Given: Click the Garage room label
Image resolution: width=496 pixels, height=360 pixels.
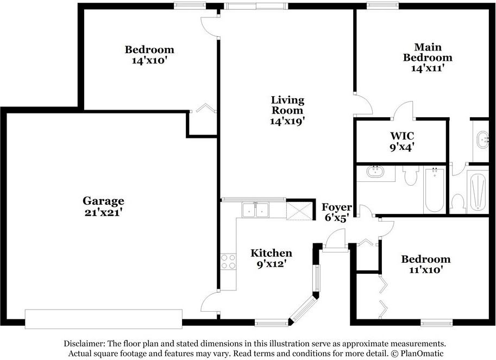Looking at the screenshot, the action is click(103, 201).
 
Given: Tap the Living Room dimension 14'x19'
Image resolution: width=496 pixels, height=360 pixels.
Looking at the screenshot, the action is click(287, 121).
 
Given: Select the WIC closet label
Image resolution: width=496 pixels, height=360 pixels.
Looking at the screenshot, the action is click(402, 136).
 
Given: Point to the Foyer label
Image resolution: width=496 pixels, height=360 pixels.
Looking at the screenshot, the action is click(337, 207).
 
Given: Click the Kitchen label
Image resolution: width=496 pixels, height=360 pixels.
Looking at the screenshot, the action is click(272, 253).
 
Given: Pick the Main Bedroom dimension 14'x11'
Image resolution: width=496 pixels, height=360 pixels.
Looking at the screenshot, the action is click(428, 68).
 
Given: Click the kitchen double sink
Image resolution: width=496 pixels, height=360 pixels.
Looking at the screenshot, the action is click(255, 210).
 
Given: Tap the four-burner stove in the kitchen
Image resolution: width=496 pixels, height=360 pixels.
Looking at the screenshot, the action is click(228, 262).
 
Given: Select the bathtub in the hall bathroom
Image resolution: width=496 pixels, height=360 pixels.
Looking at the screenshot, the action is click(434, 190).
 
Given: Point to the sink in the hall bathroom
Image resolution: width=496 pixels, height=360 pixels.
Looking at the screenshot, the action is click(375, 172).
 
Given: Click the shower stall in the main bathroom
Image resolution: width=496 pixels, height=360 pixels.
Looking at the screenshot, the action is click(478, 192).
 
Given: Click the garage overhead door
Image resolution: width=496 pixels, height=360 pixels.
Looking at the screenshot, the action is click(104, 319).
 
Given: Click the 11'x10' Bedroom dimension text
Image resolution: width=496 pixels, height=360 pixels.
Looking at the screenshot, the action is click(425, 270).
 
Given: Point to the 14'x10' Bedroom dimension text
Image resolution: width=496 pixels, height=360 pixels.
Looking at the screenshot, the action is click(149, 60).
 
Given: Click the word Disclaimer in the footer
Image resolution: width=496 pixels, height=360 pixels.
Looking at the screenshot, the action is click(83, 344).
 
